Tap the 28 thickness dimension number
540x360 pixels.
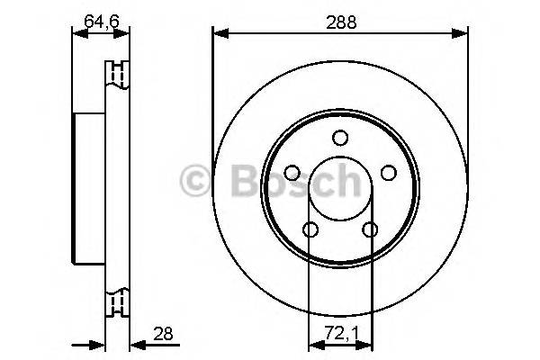(x=163, y=334)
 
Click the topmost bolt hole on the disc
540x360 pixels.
(x=340, y=138)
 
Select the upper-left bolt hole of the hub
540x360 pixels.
(x=292, y=173)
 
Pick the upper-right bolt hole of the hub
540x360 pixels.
(x=388, y=173)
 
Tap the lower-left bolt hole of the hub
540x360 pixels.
(x=310, y=230)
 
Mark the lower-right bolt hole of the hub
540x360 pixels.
(x=370, y=230)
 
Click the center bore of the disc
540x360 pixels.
(x=340, y=190)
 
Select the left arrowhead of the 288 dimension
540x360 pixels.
(x=219, y=34)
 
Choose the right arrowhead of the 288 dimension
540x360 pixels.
(x=463, y=34)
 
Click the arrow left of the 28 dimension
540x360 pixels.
(x=97, y=343)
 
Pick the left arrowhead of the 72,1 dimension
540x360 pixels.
(x=314, y=343)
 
